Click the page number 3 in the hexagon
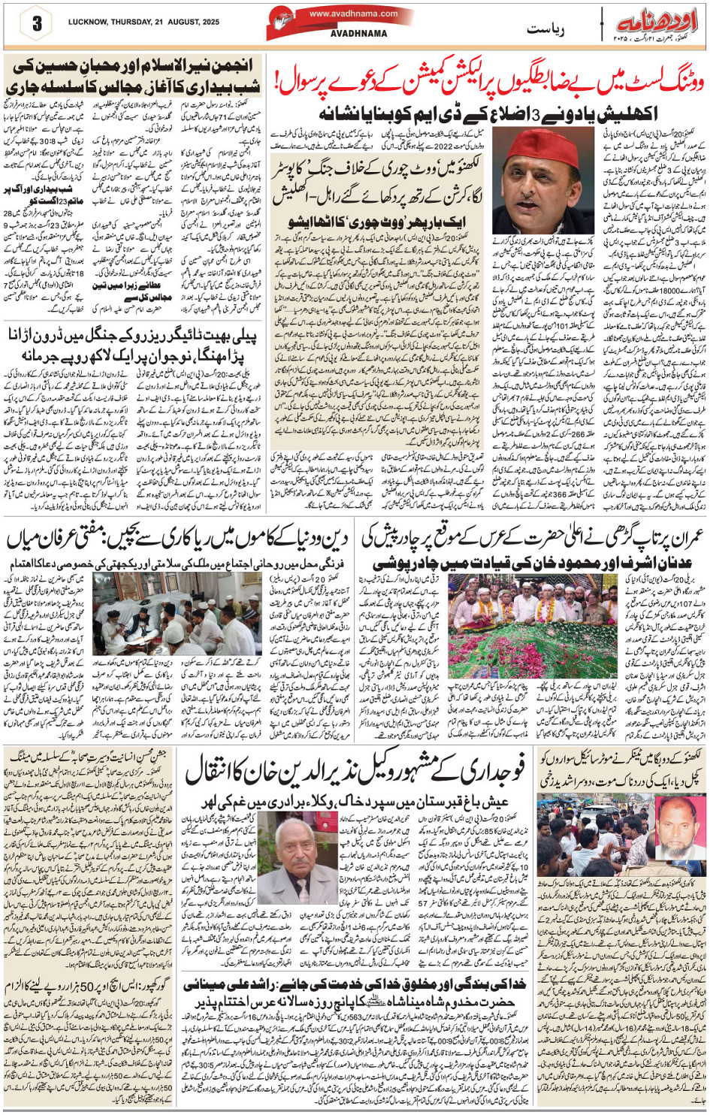[36, 23]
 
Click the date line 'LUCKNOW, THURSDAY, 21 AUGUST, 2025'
[144, 23]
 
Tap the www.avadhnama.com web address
[353, 14]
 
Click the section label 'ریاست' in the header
[545, 29]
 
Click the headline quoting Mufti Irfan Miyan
[179, 539]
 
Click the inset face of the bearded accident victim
[679, 826]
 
